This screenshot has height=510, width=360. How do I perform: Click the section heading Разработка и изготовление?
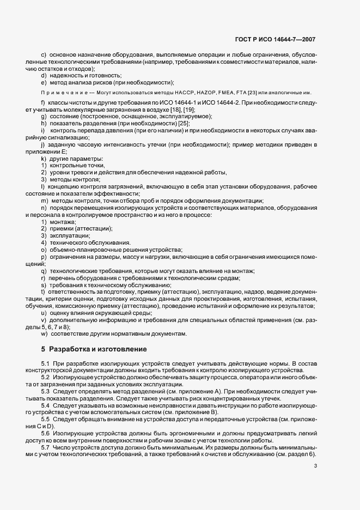pos(97,349)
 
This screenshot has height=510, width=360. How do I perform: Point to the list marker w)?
pos(44,333)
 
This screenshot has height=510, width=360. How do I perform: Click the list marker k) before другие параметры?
pos(43,158)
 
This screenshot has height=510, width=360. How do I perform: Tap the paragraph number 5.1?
pos(46,363)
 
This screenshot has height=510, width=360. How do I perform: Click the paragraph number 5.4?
pos(46,406)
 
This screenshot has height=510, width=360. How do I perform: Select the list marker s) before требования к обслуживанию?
pos(43,285)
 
